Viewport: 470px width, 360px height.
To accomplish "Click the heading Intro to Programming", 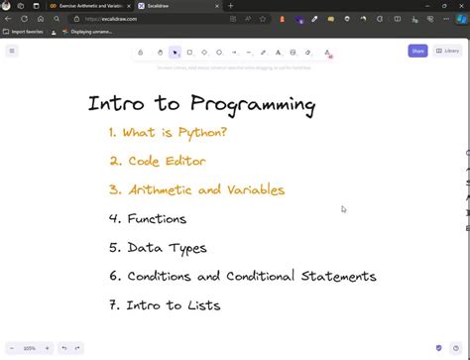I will click(201, 104).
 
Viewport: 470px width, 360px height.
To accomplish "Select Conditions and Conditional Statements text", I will click(242, 276).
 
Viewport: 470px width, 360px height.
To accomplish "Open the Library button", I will click(446, 51).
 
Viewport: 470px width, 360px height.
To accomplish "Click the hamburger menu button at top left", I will click(12, 51).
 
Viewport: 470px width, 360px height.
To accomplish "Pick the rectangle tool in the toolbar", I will click(189, 52).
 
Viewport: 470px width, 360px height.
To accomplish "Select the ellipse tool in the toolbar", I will click(219, 52).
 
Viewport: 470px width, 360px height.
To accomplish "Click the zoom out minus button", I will click(13, 348).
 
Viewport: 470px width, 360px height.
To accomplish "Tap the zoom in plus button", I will click(46, 348).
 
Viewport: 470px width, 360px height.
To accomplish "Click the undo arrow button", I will click(63, 348).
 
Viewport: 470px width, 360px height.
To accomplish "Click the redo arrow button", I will click(77, 348).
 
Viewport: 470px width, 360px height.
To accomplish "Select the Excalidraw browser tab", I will click(169, 6).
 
